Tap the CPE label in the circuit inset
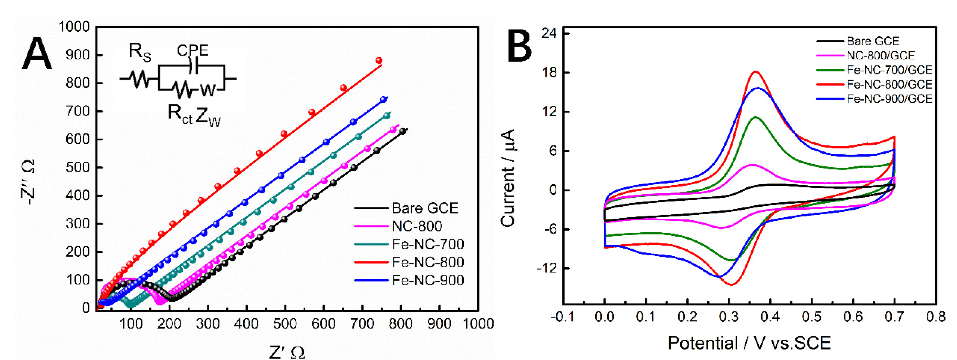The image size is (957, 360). (192, 50)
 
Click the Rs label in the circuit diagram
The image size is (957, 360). (140, 52)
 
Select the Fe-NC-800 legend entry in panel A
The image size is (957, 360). (427, 262)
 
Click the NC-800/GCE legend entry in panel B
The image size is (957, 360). (880, 55)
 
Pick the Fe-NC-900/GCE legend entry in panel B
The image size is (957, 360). (889, 99)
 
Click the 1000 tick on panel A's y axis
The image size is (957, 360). (74, 27)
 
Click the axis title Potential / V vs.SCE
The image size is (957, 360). (749, 343)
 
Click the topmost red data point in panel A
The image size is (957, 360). (379, 60)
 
